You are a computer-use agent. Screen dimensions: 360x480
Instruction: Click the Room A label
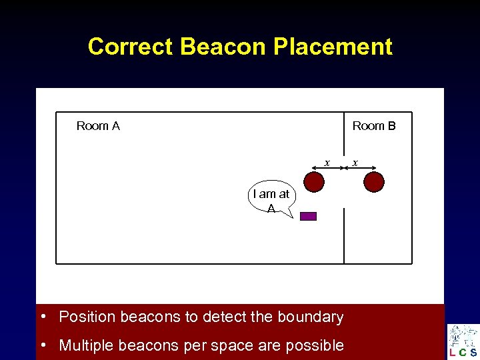98,126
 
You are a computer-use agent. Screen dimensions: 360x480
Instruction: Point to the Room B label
374,126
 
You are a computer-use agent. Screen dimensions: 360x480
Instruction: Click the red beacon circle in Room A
314,181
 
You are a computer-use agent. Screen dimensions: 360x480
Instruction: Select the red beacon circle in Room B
375,181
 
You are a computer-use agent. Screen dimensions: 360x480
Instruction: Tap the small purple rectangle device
308,216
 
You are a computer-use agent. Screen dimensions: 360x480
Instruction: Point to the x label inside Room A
327,162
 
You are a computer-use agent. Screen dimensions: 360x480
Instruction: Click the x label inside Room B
355,162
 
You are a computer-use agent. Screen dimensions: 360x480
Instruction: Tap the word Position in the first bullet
83,317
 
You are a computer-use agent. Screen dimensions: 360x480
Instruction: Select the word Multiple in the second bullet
83,345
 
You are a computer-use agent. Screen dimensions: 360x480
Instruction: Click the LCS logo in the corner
463,341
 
